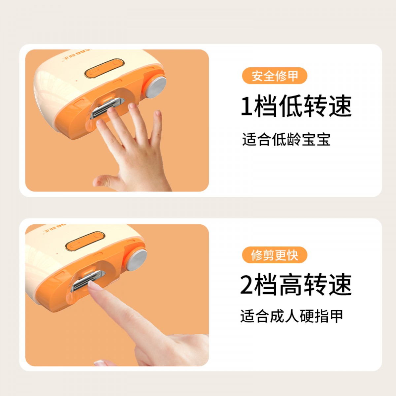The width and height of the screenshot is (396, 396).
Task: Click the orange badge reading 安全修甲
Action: [x=275, y=76]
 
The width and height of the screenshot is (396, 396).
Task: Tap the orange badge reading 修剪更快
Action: [x=275, y=255]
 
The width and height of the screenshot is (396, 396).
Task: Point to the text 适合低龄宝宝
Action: [x=286, y=140]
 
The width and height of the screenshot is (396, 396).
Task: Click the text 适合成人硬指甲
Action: [x=292, y=316]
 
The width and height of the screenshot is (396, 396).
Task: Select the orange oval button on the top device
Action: [x=105, y=68]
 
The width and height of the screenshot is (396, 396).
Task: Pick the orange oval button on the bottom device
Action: [x=85, y=241]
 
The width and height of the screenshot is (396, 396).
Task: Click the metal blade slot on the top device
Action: [x=107, y=108]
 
